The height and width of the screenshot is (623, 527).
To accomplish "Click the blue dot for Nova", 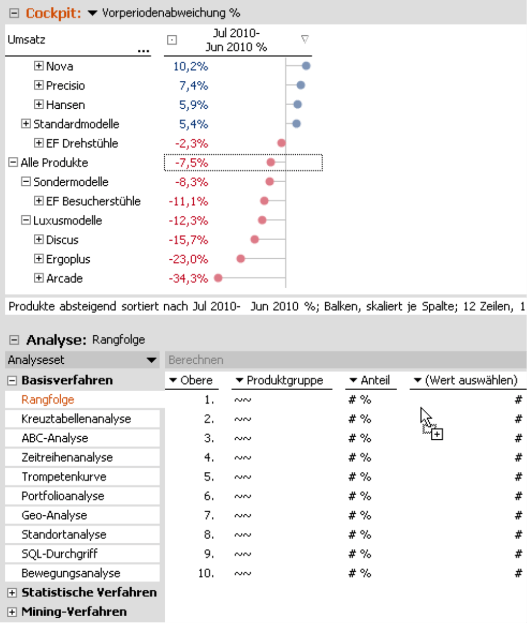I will pyautogui.click(x=306, y=66).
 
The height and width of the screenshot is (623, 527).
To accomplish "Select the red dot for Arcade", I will pyautogui.click(x=217, y=278).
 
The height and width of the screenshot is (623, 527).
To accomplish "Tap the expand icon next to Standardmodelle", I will pyautogui.click(x=26, y=124).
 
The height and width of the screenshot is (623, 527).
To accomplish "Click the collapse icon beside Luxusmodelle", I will pyautogui.click(x=26, y=221).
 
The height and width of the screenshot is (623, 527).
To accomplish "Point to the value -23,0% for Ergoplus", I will pyautogui.click(x=188, y=259).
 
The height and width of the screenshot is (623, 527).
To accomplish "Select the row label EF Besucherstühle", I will pyautogui.click(x=93, y=201).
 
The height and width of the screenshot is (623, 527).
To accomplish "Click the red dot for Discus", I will pyautogui.click(x=255, y=240).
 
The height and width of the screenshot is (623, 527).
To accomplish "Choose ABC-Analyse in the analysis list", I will pyautogui.click(x=55, y=438).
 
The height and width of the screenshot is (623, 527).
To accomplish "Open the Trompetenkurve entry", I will pyautogui.click(x=64, y=477).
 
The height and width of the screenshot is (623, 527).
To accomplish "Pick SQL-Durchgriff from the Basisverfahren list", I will pyautogui.click(x=60, y=554).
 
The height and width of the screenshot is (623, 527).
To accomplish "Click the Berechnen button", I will pyautogui.click(x=196, y=360).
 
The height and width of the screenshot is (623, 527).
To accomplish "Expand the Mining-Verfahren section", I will pyautogui.click(x=12, y=612).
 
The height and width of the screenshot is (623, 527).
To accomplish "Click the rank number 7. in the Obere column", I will pyautogui.click(x=209, y=515).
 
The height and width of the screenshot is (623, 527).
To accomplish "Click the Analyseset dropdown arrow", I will pyautogui.click(x=152, y=361).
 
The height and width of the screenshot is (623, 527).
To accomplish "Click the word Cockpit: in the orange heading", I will pyautogui.click(x=54, y=13).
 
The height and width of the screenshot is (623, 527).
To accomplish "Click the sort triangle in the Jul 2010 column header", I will pyautogui.click(x=304, y=39).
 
